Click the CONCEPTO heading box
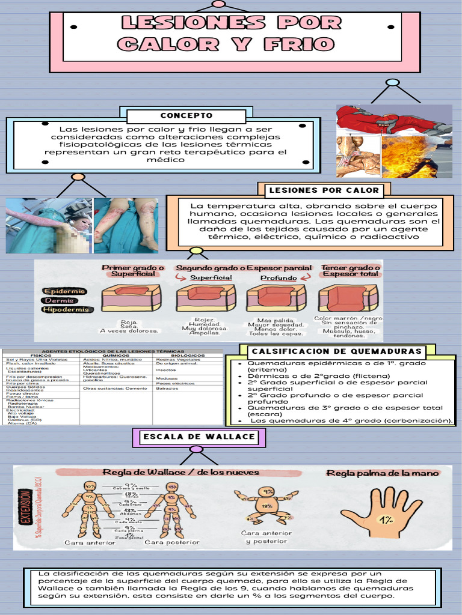[x=186, y=116]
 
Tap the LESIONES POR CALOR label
[x=324, y=190]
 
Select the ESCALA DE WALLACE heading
[x=199, y=437]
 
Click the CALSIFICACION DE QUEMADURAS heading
[x=336, y=351]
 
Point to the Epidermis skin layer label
[x=64, y=291]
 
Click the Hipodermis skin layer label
[x=66, y=310]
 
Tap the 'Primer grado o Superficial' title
[x=133, y=271]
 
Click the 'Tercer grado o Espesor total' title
[x=351, y=271]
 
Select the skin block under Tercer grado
[x=348, y=298]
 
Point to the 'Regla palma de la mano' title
[x=383, y=473]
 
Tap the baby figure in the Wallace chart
[x=265, y=504]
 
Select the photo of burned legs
[x=126, y=225]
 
